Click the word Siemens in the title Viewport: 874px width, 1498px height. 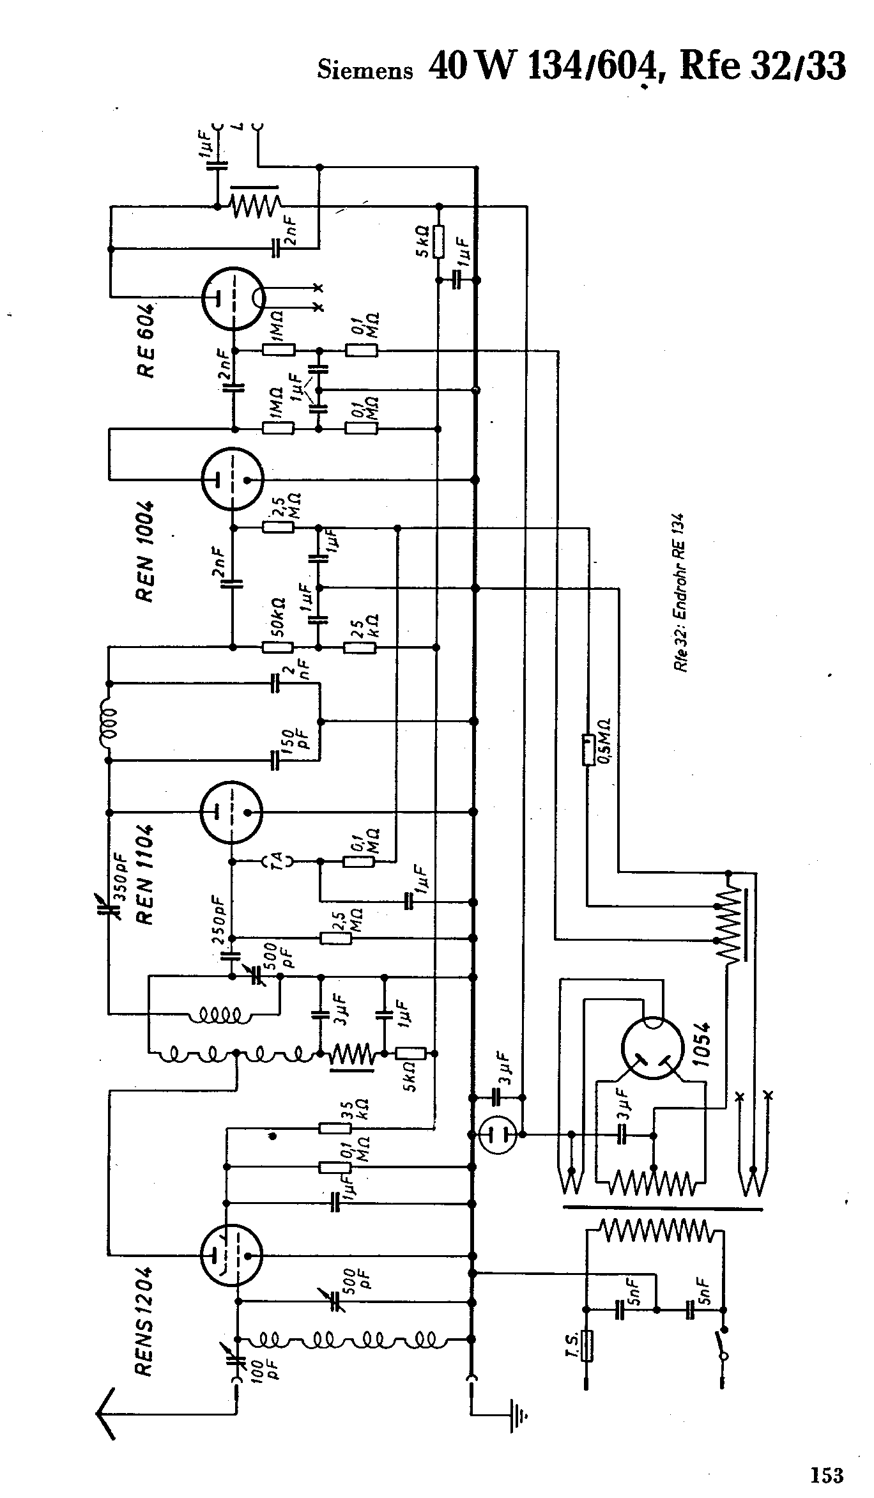365,70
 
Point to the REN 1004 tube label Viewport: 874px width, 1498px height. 146,551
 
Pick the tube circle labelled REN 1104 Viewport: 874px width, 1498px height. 231,812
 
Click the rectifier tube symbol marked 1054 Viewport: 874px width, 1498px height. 653,1049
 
